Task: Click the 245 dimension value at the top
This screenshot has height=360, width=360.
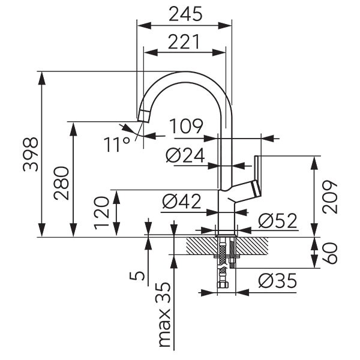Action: pos(184,13)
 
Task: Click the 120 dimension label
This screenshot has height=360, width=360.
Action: pos(103,213)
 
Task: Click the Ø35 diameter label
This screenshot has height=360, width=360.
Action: pos(278,281)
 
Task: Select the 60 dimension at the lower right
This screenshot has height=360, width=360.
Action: pos(332,253)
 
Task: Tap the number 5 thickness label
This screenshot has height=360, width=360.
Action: pos(137,275)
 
